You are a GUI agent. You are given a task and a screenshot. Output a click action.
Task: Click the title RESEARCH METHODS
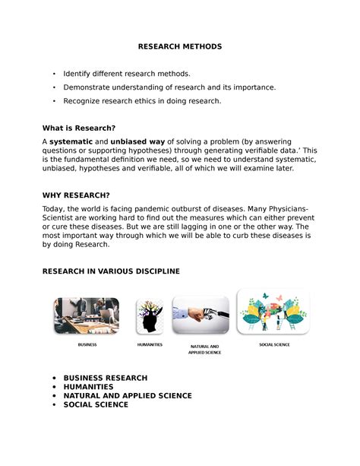180,46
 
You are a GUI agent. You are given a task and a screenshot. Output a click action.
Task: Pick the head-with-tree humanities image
150,316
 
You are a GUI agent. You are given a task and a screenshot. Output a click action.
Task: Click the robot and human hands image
201,315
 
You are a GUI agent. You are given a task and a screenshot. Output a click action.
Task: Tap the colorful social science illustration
273,311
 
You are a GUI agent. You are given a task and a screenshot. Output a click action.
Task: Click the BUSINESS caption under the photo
87,345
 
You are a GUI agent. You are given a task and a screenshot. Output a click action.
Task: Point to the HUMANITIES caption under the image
150,345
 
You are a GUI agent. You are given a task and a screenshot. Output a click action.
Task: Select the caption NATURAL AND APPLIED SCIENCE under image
204,350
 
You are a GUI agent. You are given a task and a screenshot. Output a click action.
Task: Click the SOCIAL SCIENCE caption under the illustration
274,344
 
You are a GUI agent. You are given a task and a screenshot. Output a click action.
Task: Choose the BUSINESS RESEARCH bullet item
105,378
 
